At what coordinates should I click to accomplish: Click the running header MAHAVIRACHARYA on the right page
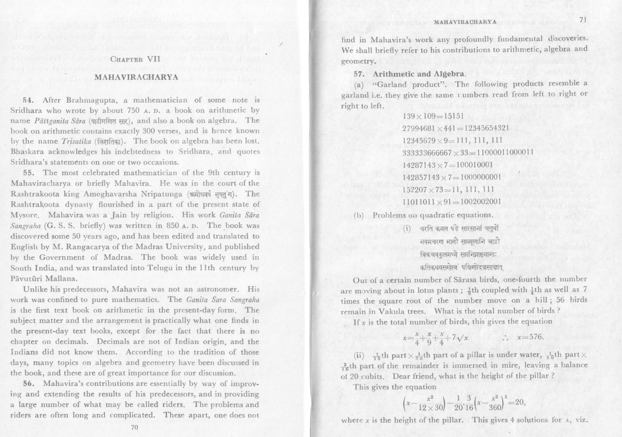pos(464,22)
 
